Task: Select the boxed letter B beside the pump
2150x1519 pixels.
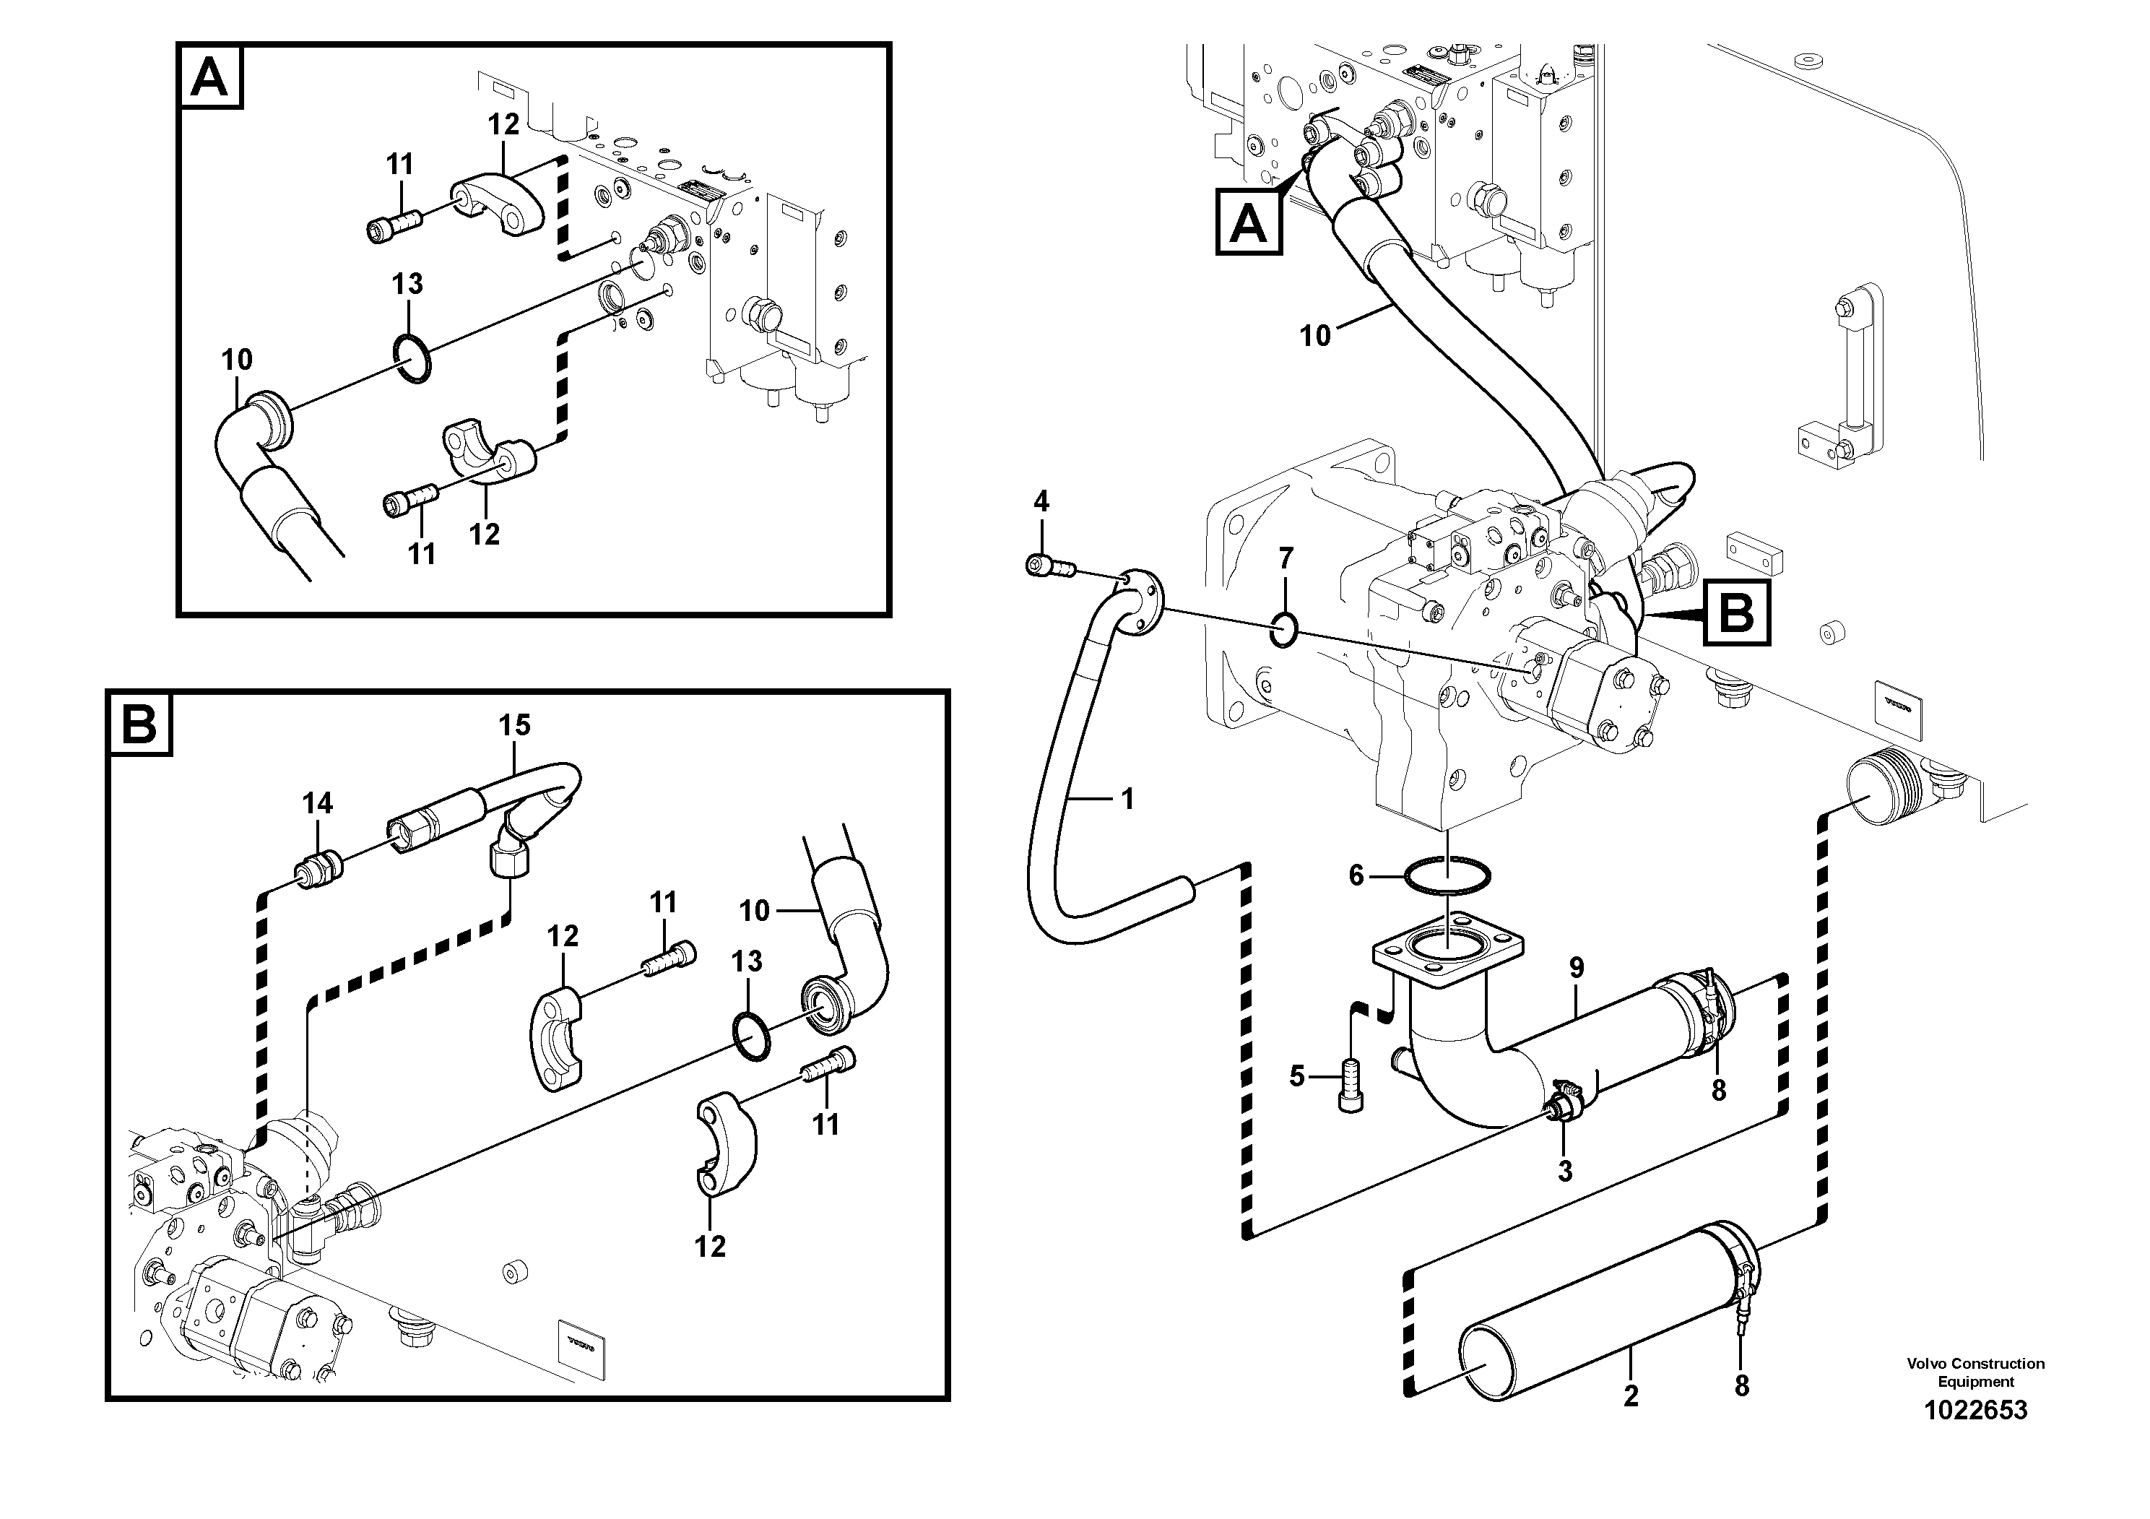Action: (x=1737, y=615)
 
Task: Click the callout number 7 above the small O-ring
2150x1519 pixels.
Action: (x=1286, y=559)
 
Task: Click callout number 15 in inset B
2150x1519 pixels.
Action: (x=514, y=725)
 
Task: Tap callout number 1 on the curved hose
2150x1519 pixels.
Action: (x=1127, y=798)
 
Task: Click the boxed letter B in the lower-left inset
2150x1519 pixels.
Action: (x=140, y=724)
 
